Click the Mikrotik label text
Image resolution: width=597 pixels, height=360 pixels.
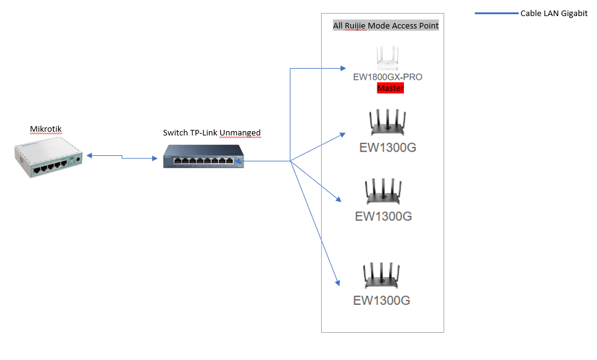[x=46, y=129]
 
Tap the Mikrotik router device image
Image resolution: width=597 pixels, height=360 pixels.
[x=48, y=158]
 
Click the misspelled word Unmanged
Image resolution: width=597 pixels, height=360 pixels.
[x=240, y=132]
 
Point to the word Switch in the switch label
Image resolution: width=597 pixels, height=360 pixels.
[x=174, y=132]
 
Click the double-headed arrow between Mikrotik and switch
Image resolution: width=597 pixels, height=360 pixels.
[x=122, y=158]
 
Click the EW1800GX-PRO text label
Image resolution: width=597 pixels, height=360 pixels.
[x=387, y=77]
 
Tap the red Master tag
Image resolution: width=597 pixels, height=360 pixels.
[x=390, y=88]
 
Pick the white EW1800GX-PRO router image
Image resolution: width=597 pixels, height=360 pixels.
[x=387, y=58]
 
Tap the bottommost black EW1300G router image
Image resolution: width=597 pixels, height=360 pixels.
[x=382, y=276]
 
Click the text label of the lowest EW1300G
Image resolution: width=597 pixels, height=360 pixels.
[x=382, y=301]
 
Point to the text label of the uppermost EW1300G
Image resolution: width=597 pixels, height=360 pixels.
[x=387, y=148]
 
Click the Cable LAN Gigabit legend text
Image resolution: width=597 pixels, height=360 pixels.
[x=554, y=14]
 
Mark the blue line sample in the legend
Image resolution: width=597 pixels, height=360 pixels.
[x=497, y=14]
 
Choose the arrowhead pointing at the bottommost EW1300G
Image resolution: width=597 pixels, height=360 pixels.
[x=338, y=282]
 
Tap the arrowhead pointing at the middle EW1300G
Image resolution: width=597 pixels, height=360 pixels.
[x=338, y=199]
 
